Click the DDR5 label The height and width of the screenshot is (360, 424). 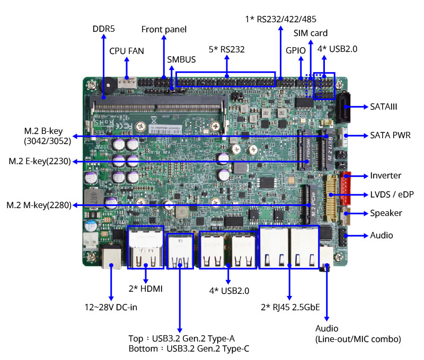click(104, 29)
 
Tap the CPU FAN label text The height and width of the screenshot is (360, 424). click(127, 51)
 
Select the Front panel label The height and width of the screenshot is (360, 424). click(164, 29)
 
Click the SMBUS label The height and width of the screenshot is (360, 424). click(181, 60)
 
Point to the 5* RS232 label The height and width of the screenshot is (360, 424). click(226, 49)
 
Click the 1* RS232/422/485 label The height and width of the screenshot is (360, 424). click(280, 19)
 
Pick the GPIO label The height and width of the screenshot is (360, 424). click(296, 51)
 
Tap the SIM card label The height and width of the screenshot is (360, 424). click(311, 33)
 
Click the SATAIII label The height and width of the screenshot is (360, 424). click(384, 106)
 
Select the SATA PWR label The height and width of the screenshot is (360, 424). click(390, 135)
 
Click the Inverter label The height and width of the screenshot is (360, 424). click(386, 176)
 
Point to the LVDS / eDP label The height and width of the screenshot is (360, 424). click(392, 194)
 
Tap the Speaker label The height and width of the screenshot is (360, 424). click(386, 213)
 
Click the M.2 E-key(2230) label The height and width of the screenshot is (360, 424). click(40, 161)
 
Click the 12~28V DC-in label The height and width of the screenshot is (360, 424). click(111, 307)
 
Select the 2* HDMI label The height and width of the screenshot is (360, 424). click(146, 289)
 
